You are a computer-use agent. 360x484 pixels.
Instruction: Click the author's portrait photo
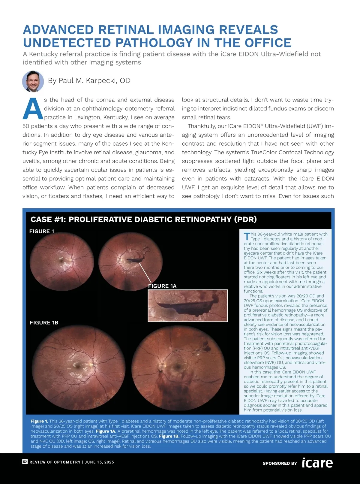[33, 81]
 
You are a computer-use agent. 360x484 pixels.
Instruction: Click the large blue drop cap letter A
[33, 109]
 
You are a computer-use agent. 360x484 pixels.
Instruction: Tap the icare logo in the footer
[317, 463]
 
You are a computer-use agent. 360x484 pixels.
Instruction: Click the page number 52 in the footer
[25, 462]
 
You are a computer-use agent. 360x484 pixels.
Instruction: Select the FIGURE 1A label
[162, 286]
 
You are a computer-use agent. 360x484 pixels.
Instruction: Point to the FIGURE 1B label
[44, 322]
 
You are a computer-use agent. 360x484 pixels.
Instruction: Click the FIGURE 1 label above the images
[42, 231]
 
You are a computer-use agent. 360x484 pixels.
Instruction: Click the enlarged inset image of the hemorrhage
[188, 306]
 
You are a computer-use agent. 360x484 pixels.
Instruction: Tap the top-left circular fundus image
[62, 262]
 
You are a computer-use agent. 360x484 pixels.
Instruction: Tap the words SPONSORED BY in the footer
[280, 463]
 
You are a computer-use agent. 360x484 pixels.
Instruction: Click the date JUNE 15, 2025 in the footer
[99, 462]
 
